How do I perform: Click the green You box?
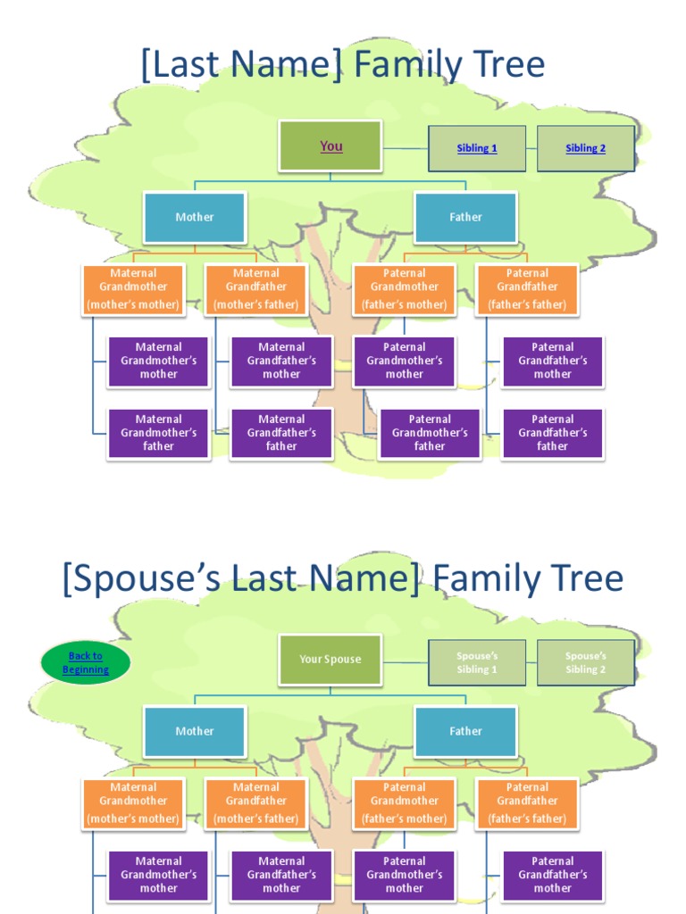point(330,145)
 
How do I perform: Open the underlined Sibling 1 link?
point(477,148)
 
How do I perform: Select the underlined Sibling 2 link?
point(585,148)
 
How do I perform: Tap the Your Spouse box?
point(330,660)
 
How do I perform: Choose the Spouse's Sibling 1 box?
point(477,662)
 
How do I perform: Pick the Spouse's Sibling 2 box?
point(585,662)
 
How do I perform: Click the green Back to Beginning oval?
point(86,663)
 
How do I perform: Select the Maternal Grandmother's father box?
point(159,433)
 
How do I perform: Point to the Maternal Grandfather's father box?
point(281,433)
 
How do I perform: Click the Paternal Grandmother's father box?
point(430,433)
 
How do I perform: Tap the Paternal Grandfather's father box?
point(553,433)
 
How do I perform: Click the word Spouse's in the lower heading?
point(148,579)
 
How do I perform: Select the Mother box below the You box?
point(195,217)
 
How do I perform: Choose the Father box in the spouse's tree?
point(465,731)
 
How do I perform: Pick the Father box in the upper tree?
point(465,217)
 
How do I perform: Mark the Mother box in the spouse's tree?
point(195,731)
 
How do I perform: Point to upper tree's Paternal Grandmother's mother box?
point(405,361)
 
